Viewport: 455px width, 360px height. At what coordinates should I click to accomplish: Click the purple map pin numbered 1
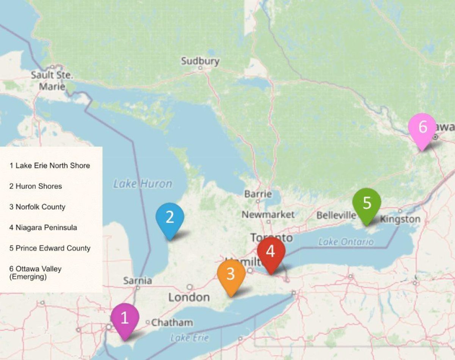pos(125,319)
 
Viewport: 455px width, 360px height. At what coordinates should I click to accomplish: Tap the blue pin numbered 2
pos(169,218)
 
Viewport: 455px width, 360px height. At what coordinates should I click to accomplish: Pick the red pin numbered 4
pos(271,252)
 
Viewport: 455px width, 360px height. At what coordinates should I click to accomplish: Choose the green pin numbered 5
pos(367,203)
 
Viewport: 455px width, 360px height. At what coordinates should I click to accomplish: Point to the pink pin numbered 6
pos(422,128)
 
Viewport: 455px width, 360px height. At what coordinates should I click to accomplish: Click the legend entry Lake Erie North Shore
pos(50,166)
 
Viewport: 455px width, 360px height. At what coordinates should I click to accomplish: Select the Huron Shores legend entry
pos(36,186)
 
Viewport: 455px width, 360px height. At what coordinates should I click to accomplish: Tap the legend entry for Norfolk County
pos(37,207)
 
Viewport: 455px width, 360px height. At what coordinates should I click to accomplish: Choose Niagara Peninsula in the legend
pos(43,227)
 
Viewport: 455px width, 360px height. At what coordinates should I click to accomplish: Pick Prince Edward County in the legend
pos(50,248)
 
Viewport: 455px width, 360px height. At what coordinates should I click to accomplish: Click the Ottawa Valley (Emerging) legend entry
pos(35,273)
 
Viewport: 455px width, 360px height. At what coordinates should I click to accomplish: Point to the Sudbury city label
pos(200,61)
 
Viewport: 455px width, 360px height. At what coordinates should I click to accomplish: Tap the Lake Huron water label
pos(143,184)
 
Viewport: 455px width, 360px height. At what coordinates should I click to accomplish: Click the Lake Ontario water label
pos(346,242)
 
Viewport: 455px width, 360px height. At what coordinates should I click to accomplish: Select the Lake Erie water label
pos(189,338)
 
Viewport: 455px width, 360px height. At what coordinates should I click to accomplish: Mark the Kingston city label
pos(400,219)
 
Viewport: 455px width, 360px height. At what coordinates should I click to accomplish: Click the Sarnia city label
pos(137,281)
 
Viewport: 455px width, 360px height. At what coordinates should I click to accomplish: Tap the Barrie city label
pos(258,194)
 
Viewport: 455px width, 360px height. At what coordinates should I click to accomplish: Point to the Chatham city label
pos(172,323)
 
